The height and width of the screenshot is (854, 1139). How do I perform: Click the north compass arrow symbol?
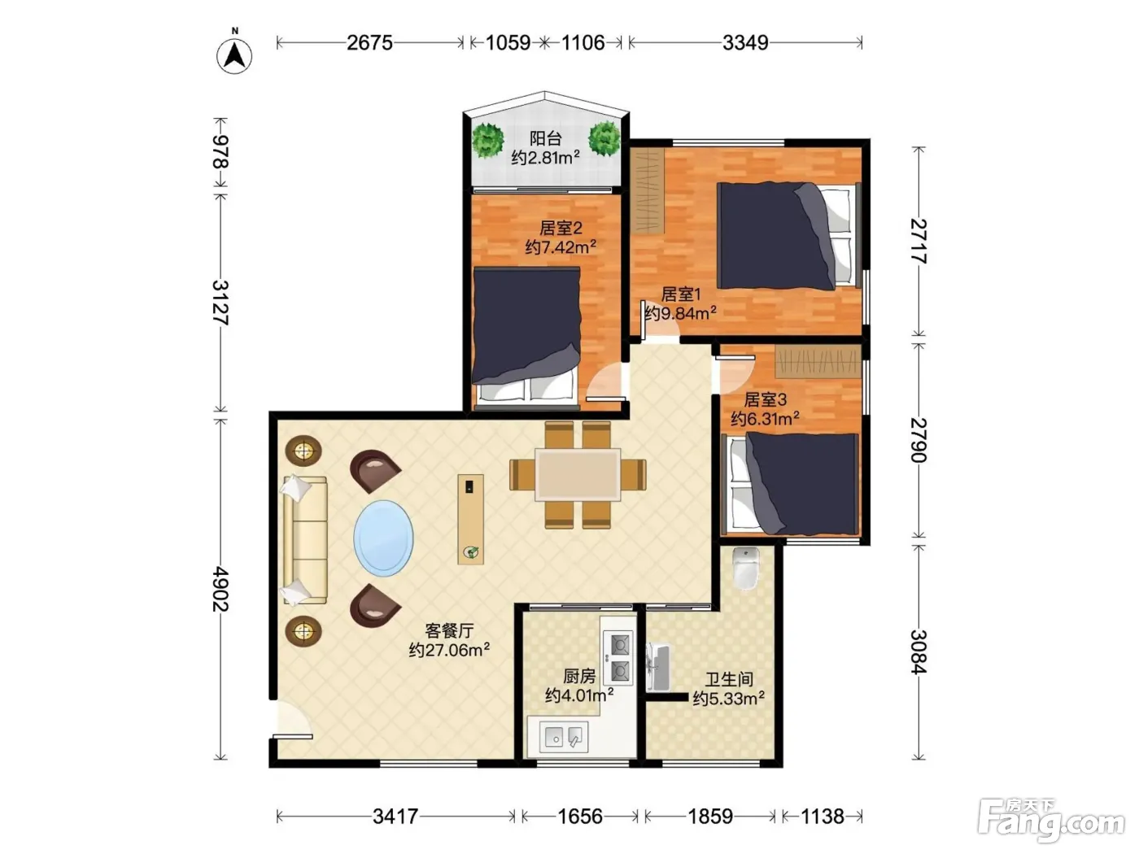[234, 55]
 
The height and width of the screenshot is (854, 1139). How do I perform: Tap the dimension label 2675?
[369, 42]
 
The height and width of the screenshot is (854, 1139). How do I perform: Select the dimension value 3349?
[745, 42]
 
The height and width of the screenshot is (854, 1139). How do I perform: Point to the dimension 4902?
[220, 589]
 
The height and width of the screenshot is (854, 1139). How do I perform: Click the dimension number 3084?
[919, 652]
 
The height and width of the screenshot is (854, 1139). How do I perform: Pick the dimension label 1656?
[580, 817]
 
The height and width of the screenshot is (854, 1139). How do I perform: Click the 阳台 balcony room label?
[545, 138]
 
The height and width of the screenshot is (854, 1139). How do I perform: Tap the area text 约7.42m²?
[561, 246]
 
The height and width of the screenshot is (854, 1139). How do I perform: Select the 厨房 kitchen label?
[579, 676]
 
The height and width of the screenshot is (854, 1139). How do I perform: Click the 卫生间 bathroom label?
[728, 679]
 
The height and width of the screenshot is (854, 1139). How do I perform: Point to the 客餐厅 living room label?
[449, 630]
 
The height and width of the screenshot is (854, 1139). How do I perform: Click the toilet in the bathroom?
[746, 569]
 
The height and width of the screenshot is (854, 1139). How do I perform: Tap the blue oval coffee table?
[383, 538]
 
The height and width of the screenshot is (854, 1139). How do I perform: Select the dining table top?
[578, 474]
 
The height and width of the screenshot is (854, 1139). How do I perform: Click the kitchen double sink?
[564, 736]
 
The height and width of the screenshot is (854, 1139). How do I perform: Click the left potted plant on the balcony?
[488, 139]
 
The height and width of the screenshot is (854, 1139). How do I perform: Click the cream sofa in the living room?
[306, 540]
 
